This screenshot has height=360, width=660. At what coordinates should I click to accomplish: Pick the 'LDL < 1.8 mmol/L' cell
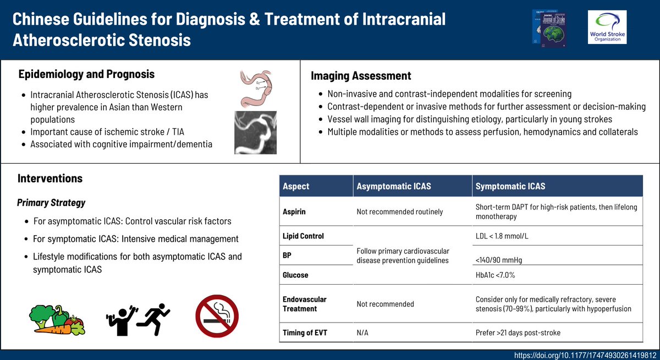tap(505, 236)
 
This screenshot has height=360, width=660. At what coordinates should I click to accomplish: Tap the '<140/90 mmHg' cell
tap(504, 259)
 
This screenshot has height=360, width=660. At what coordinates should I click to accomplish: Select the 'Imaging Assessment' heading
tap(361, 76)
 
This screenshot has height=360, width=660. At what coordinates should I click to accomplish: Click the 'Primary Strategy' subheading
tap(51, 202)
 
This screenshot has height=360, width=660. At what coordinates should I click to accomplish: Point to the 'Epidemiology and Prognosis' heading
tap(86, 74)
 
